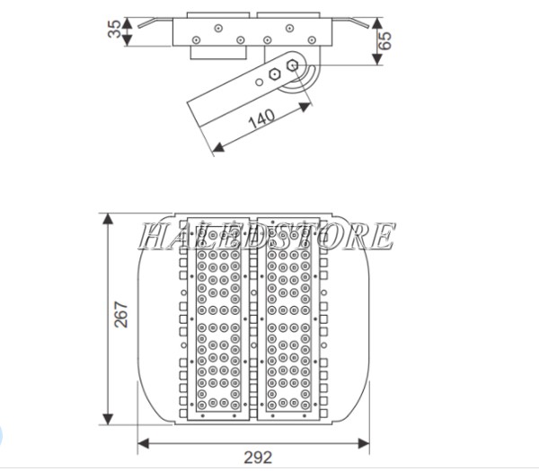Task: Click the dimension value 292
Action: (x=257, y=457)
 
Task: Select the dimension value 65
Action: (x=385, y=39)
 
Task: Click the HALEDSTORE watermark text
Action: (x=266, y=236)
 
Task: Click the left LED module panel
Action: (x=216, y=318)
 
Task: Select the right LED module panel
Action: (x=287, y=318)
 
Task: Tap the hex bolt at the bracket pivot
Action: (x=292, y=65)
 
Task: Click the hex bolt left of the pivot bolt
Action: (x=273, y=74)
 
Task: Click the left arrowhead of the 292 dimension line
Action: (x=142, y=441)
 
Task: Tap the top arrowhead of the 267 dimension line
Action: (x=109, y=218)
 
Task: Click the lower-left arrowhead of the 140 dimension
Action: (x=214, y=148)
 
